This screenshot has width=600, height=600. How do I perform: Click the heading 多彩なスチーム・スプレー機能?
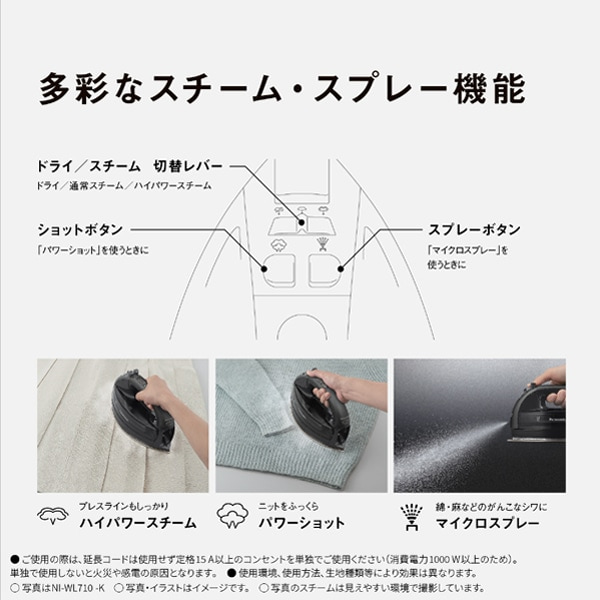(x=281, y=88)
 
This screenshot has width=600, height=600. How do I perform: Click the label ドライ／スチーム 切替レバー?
(x=129, y=166)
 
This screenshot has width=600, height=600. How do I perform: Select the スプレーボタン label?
(x=476, y=229)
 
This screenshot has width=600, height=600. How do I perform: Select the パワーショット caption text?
(x=302, y=523)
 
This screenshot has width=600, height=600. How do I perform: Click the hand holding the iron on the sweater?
(x=335, y=384)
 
